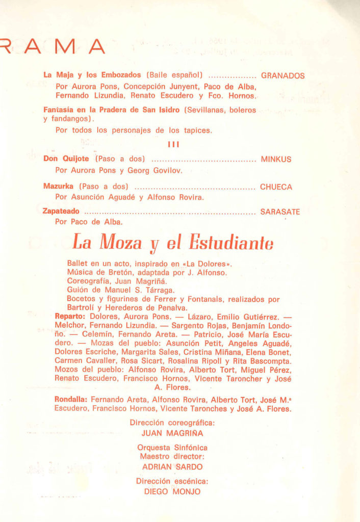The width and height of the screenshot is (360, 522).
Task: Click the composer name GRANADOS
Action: coord(282,76)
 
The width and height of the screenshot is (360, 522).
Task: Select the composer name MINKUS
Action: coord(276,159)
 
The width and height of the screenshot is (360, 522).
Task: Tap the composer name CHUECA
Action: coord(276,187)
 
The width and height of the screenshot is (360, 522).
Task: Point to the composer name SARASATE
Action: coord(280,212)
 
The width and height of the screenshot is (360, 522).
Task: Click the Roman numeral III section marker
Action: coord(173,145)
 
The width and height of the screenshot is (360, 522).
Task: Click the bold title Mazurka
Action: coord(59,187)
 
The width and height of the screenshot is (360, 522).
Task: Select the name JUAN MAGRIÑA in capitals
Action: coord(172,433)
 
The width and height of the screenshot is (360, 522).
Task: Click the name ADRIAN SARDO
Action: coord(172,467)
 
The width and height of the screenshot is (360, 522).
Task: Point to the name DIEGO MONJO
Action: coord(172,492)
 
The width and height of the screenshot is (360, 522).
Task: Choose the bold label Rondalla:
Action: coord(72,400)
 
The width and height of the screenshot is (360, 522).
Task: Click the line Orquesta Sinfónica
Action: coord(172,448)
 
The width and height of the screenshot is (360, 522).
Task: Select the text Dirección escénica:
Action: coord(172,482)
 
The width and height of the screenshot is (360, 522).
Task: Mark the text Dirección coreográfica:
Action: coord(172,423)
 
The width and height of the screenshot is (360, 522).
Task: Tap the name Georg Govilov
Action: coord(159,170)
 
